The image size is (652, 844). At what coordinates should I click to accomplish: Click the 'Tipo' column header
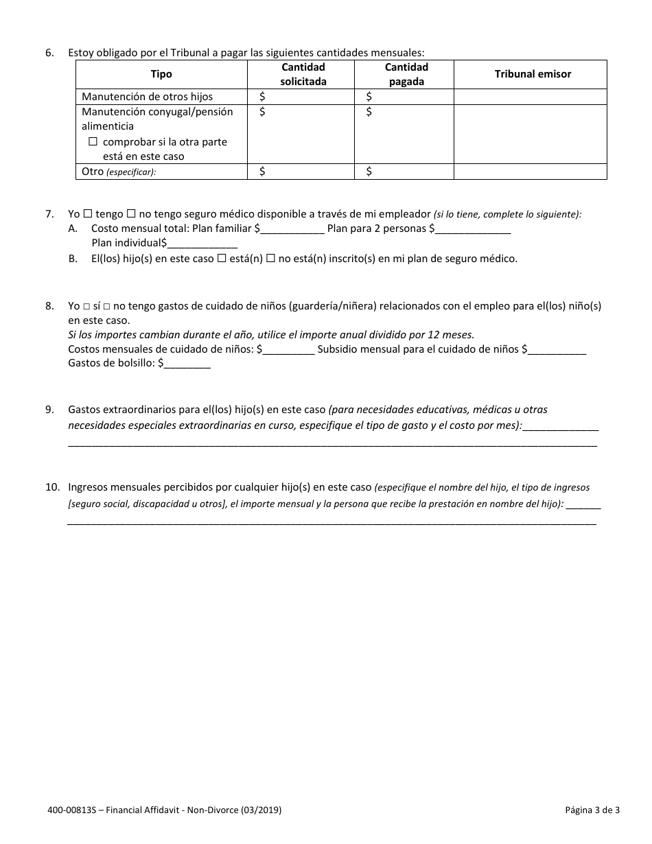(161, 74)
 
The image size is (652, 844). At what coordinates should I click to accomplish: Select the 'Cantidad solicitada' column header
(303, 74)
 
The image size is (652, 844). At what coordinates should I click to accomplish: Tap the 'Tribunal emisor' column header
(533, 74)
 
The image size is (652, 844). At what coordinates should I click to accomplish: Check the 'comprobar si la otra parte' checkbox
(93, 142)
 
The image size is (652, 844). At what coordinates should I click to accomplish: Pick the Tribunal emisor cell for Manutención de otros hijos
(530, 97)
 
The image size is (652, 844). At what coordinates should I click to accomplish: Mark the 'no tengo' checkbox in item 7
(130, 214)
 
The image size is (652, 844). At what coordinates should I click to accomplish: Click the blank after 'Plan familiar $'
(292, 229)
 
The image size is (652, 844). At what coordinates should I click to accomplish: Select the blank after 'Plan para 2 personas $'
(473, 229)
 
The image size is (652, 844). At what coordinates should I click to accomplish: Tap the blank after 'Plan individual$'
(202, 244)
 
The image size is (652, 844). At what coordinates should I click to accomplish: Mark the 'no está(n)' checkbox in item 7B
(270, 259)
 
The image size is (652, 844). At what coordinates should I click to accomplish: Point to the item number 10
(52, 487)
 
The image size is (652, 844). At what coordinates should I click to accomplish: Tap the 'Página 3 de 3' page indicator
(592, 810)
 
